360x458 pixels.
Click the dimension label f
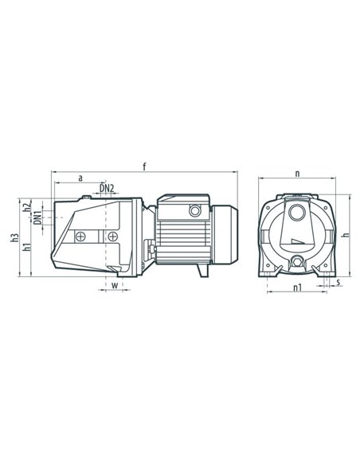point(144,166)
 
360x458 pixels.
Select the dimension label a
point(80,178)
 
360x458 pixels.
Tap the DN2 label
point(107,189)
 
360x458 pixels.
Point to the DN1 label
point(37,218)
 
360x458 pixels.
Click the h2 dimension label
point(27,207)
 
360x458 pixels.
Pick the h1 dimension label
point(27,247)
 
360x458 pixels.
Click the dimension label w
point(115,285)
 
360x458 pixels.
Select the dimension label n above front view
point(297,174)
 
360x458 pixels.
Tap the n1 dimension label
point(298,288)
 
